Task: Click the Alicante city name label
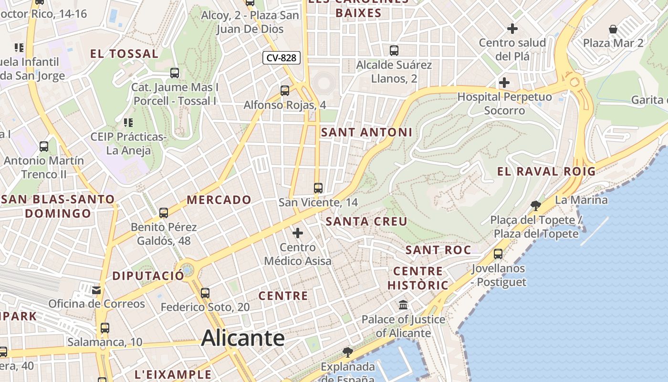click(x=243, y=338)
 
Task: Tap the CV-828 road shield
click(x=282, y=58)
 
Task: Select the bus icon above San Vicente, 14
click(x=318, y=188)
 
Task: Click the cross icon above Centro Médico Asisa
click(x=298, y=233)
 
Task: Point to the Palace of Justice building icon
click(x=403, y=305)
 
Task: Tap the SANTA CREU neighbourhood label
click(x=366, y=222)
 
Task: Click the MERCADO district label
click(x=219, y=200)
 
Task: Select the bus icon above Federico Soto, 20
click(x=205, y=293)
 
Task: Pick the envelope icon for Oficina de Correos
click(x=97, y=290)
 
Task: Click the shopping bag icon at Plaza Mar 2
click(x=613, y=29)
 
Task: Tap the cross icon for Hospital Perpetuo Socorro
click(x=504, y=83)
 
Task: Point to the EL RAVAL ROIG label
click(x=546, y=171)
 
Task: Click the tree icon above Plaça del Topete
click(x=536, y=206)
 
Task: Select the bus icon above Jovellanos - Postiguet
click(x=498, y=254)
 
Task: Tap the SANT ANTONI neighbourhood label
click(x=366, y=132)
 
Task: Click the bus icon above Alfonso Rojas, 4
click(x=285, y=90)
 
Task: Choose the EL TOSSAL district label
click(x=124, y=54)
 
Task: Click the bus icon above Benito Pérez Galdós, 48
click(x=164, y=213)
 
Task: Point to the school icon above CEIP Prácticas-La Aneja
click(x=128, y=123)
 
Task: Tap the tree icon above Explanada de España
click(x=348, y=352)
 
